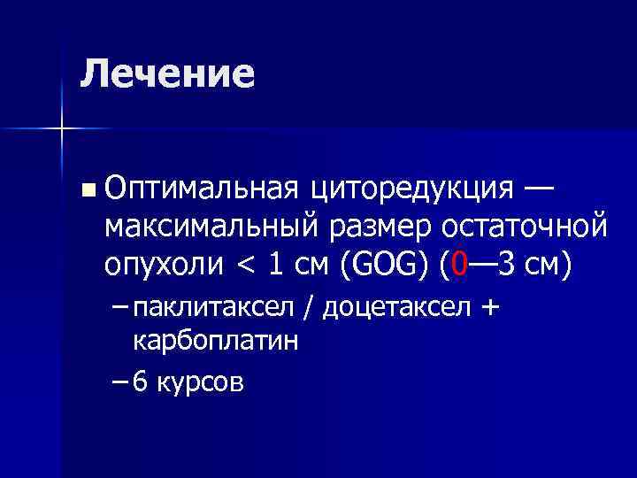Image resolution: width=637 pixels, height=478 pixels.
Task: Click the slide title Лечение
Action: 166,74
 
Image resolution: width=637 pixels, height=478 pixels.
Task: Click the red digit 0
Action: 457,265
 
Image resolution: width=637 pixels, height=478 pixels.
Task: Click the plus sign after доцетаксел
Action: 490,307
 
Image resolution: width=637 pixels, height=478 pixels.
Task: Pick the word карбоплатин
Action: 214,342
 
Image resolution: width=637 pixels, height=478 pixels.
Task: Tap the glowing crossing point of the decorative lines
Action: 62,129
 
